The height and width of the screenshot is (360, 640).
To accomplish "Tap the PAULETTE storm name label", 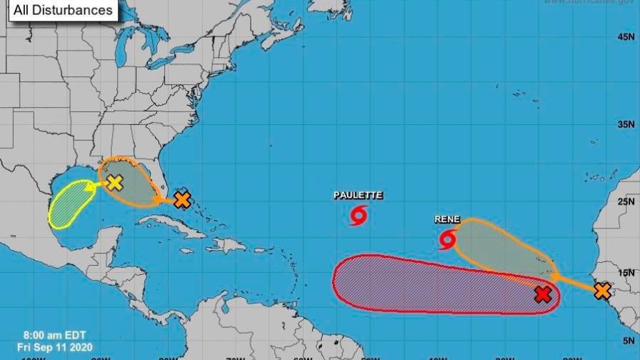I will pos(359,195).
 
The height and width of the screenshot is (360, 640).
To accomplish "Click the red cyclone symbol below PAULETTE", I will pos(359,214).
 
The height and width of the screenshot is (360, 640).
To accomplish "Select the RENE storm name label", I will pos(447,220).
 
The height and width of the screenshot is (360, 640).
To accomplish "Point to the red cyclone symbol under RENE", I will pos(448,239).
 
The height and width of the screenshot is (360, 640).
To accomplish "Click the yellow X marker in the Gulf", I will pos(115,183).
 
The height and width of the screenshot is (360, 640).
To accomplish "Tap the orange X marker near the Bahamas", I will pos(182,200).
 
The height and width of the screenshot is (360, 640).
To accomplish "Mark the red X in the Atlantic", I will pos(543,294).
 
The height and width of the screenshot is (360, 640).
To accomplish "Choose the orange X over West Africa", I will pos(602,291).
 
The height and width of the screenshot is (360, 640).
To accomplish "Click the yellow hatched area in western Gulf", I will pos(68,204).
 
